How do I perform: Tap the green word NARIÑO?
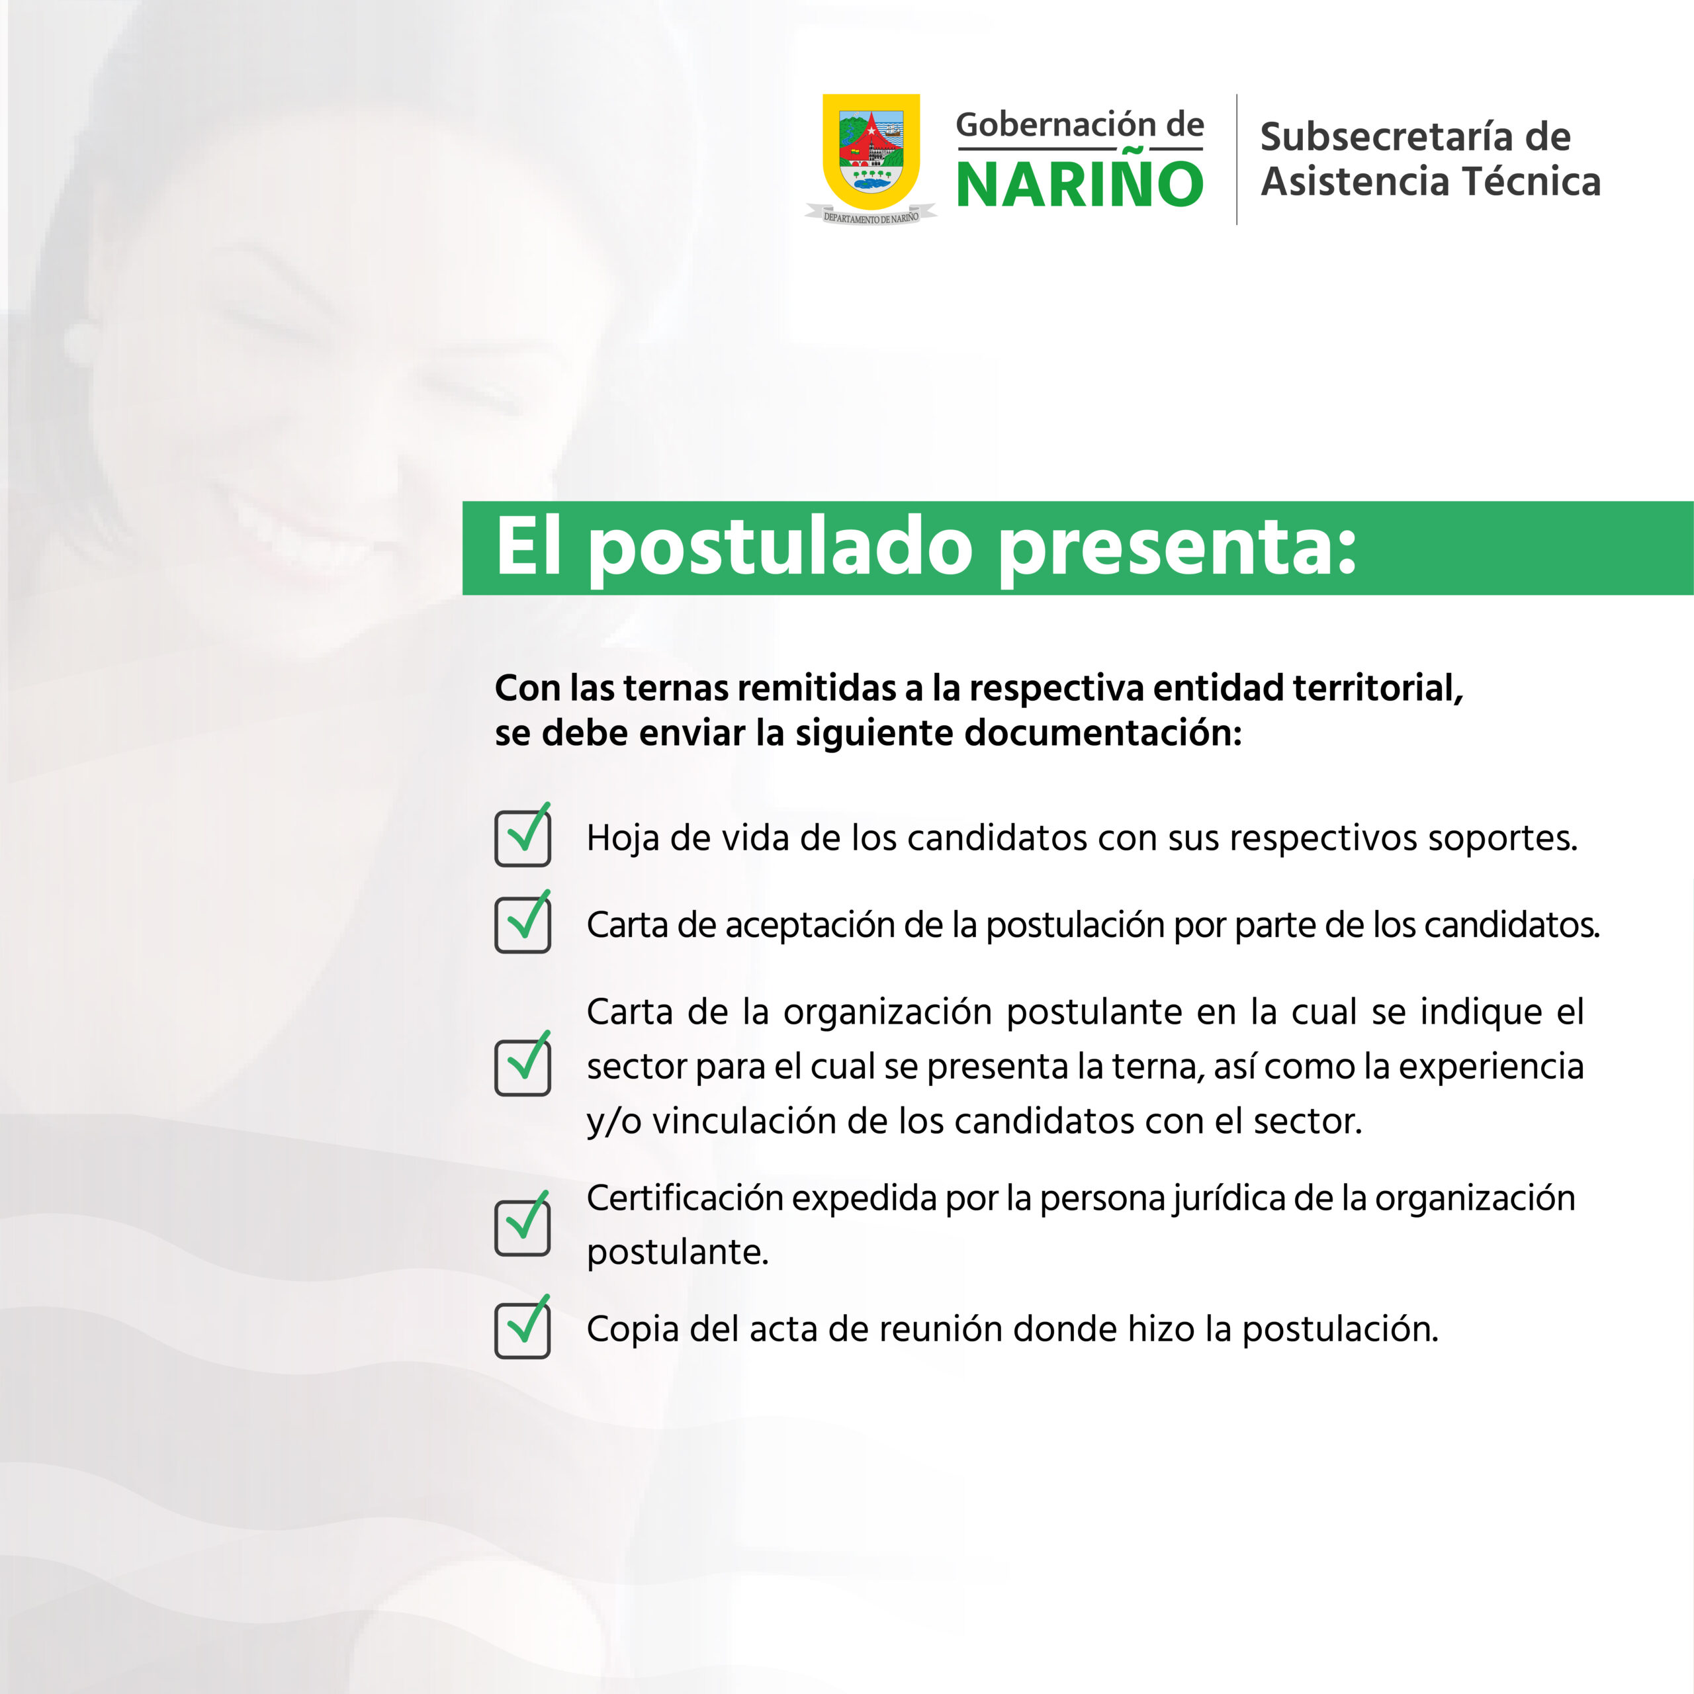[1079, 184]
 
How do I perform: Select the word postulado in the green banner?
[780, 548]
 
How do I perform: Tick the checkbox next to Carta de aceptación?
[523, 924]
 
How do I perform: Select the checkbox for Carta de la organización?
[523, 1066]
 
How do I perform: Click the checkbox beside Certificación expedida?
[523, 1225]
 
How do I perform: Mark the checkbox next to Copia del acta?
[523, 1329]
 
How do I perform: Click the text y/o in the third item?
[615, 1122]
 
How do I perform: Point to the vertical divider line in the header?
[1236, 159]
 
